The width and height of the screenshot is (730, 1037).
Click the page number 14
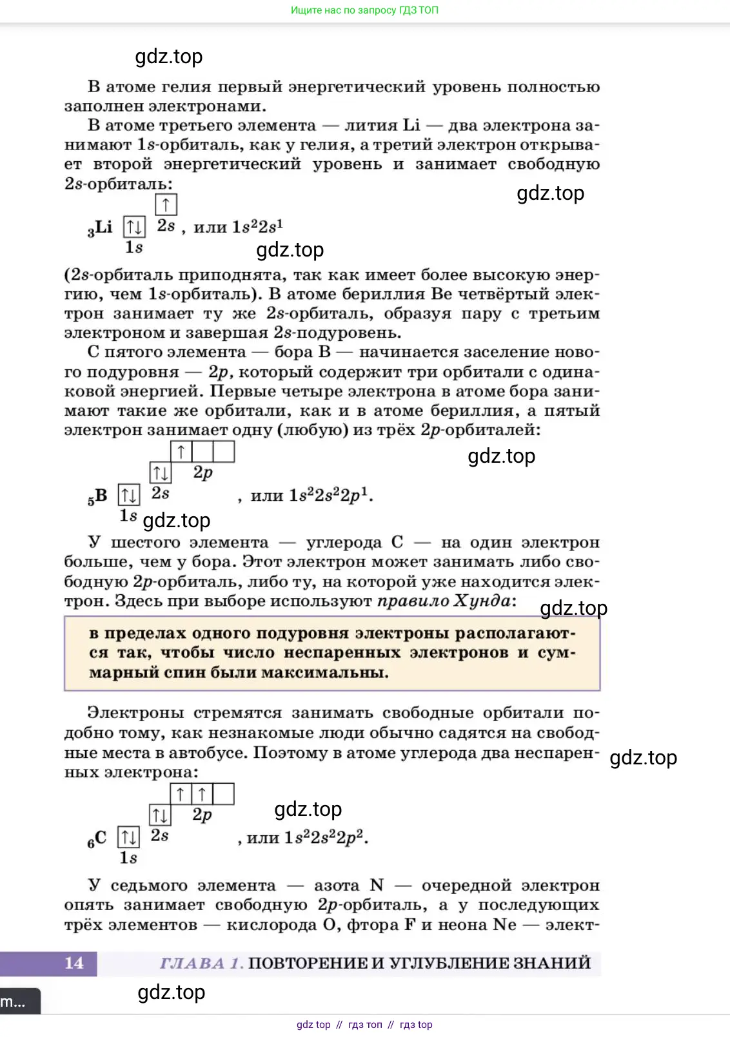(74, 963)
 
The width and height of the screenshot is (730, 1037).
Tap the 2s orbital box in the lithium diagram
(166, 205)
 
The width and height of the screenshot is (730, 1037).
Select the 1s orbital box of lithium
(134, 226)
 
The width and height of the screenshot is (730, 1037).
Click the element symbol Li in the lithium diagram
(103, 227)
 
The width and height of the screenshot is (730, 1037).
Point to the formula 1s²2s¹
(257, 227)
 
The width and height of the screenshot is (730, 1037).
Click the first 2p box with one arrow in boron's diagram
(181, 452)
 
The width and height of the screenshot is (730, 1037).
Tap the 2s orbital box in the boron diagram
(161, 473)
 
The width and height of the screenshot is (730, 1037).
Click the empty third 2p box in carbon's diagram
(224, 793)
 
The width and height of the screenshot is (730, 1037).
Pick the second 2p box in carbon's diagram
(202, 793)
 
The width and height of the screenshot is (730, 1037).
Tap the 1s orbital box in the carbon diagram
(128, 837)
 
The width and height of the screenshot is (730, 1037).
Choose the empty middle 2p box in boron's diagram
(202, 452)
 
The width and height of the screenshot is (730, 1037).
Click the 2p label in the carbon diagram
(202, 815)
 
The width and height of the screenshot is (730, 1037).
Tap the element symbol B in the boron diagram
(101, 496)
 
